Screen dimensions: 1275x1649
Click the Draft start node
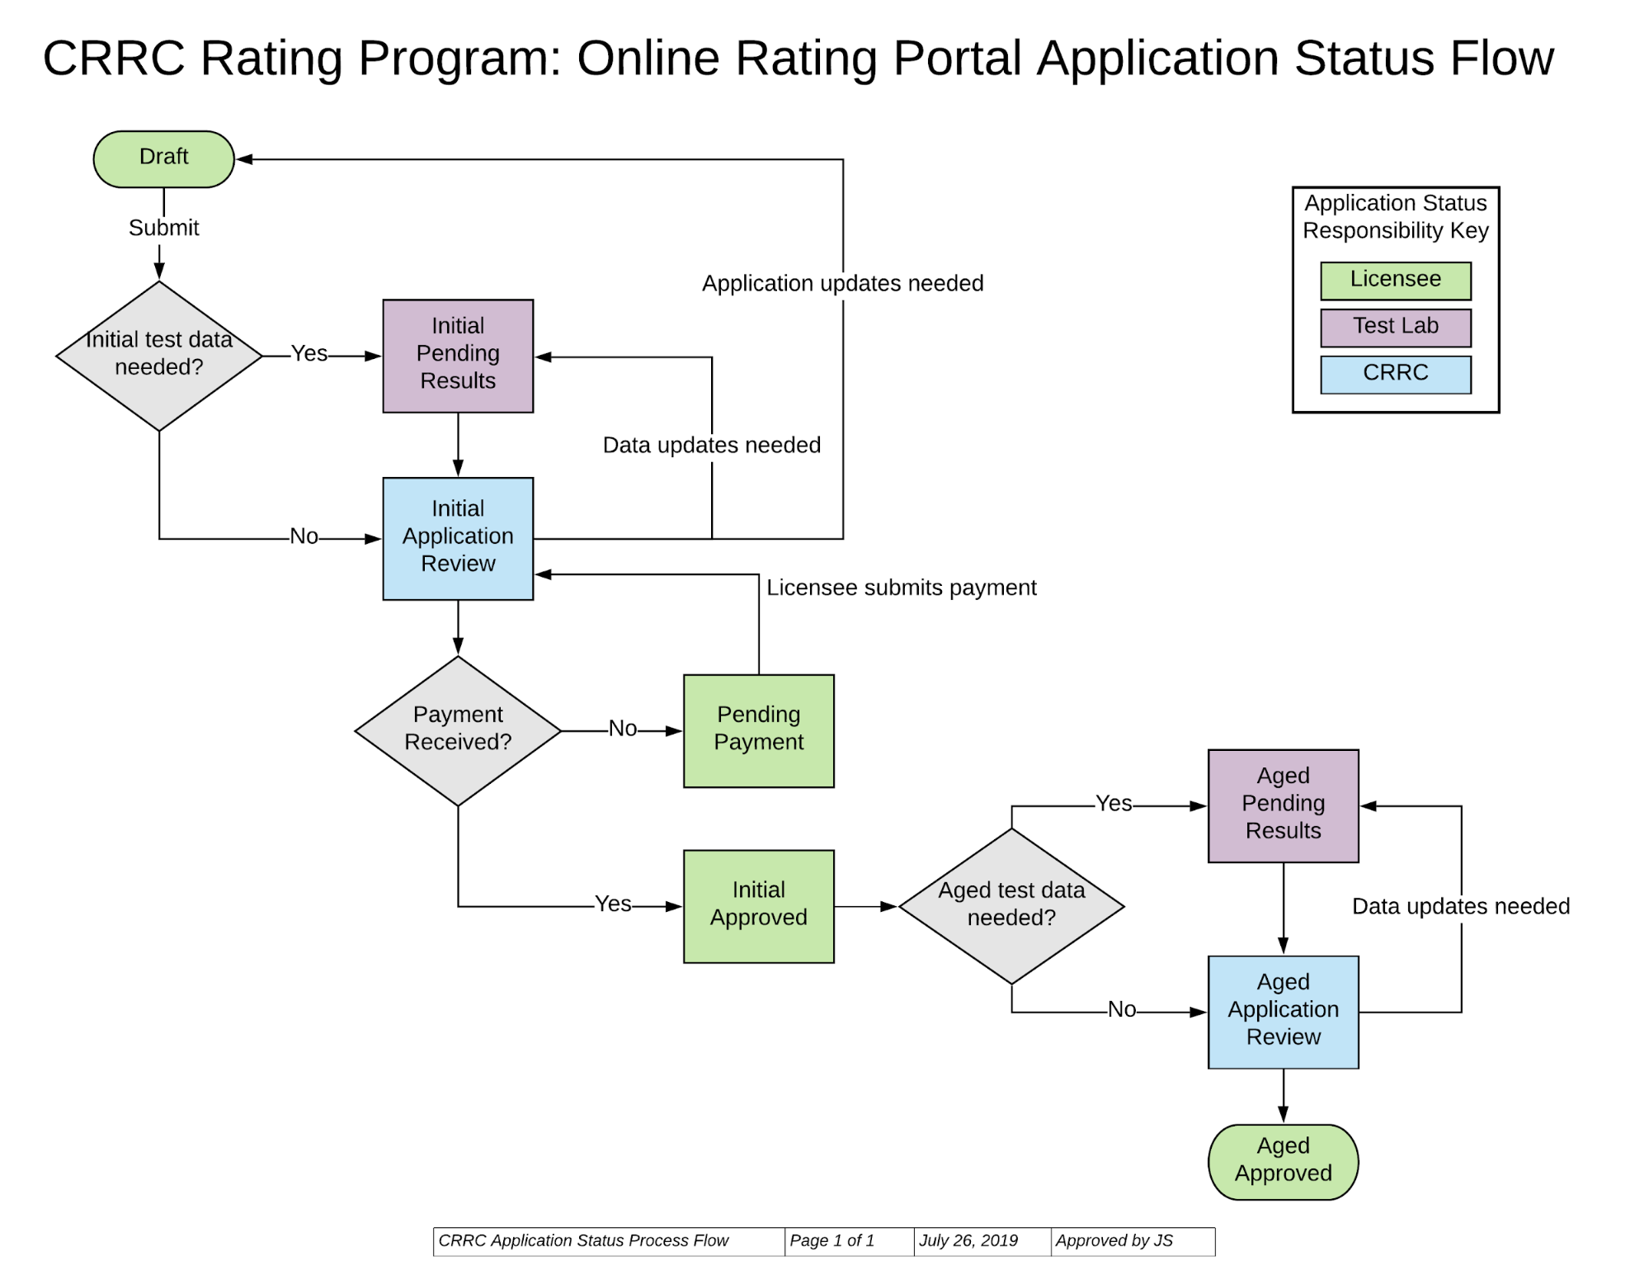click(163, 158)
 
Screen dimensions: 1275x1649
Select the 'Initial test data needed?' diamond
click(158, 355)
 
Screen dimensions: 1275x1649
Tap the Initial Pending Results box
click(458, 355)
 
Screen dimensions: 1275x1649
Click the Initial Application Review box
click(458, 537)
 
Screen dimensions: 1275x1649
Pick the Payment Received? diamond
click(458, 730)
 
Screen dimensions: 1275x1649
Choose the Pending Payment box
click(758, 730)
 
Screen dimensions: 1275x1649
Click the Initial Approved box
click(758, 905)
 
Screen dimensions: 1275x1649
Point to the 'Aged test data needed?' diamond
click(1011, 905)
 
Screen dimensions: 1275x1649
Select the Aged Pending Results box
click(1283, 805)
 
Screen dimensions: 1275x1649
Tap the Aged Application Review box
click(1283, 1011)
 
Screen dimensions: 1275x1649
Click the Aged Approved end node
click(1283, 1160)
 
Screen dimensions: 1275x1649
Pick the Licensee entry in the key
click(1395, 281)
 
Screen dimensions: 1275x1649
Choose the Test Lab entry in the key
click(1395, 327)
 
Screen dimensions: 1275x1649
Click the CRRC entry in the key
click(1395, 374)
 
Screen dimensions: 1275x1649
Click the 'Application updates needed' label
click(842, 283)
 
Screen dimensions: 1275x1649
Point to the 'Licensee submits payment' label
click(901, 588)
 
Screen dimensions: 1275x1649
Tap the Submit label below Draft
click(163, 228)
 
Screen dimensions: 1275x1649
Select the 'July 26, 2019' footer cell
click(968, 1240)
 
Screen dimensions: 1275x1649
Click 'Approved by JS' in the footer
click(1114, 1240)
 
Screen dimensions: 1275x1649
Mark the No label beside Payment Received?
click(623, 729)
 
